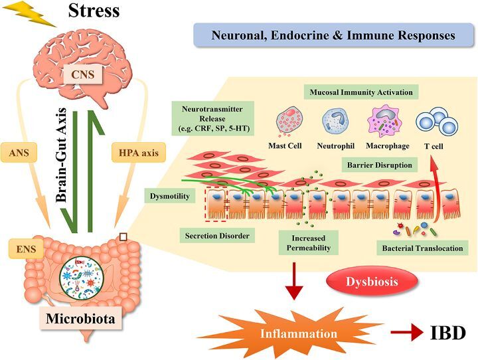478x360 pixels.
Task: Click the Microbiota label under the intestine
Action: click(x=80, y=319)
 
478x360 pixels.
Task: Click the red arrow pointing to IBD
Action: click(x=407, y=332)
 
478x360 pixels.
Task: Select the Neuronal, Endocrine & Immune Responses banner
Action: click(x=333, y=35)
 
